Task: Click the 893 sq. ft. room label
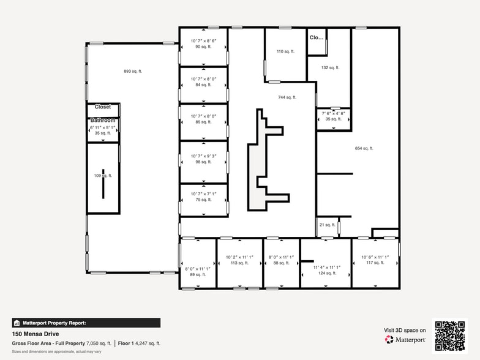point(132,72)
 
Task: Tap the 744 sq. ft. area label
point(287,97)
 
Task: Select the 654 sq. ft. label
point(364,148)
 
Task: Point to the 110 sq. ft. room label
point(285,52)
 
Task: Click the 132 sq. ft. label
point(330,68)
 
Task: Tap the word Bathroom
point(103,121)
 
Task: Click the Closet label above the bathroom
point(102,107)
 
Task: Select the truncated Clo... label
point(316,37)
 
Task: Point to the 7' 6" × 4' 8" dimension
point(334,113)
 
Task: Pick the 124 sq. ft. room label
point(326,273)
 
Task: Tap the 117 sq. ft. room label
point(375,263)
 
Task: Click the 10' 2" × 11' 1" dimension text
point(239,257)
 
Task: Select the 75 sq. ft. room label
point(203,199)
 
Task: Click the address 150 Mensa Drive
point(36,334)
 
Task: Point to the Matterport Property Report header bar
point(86,323)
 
